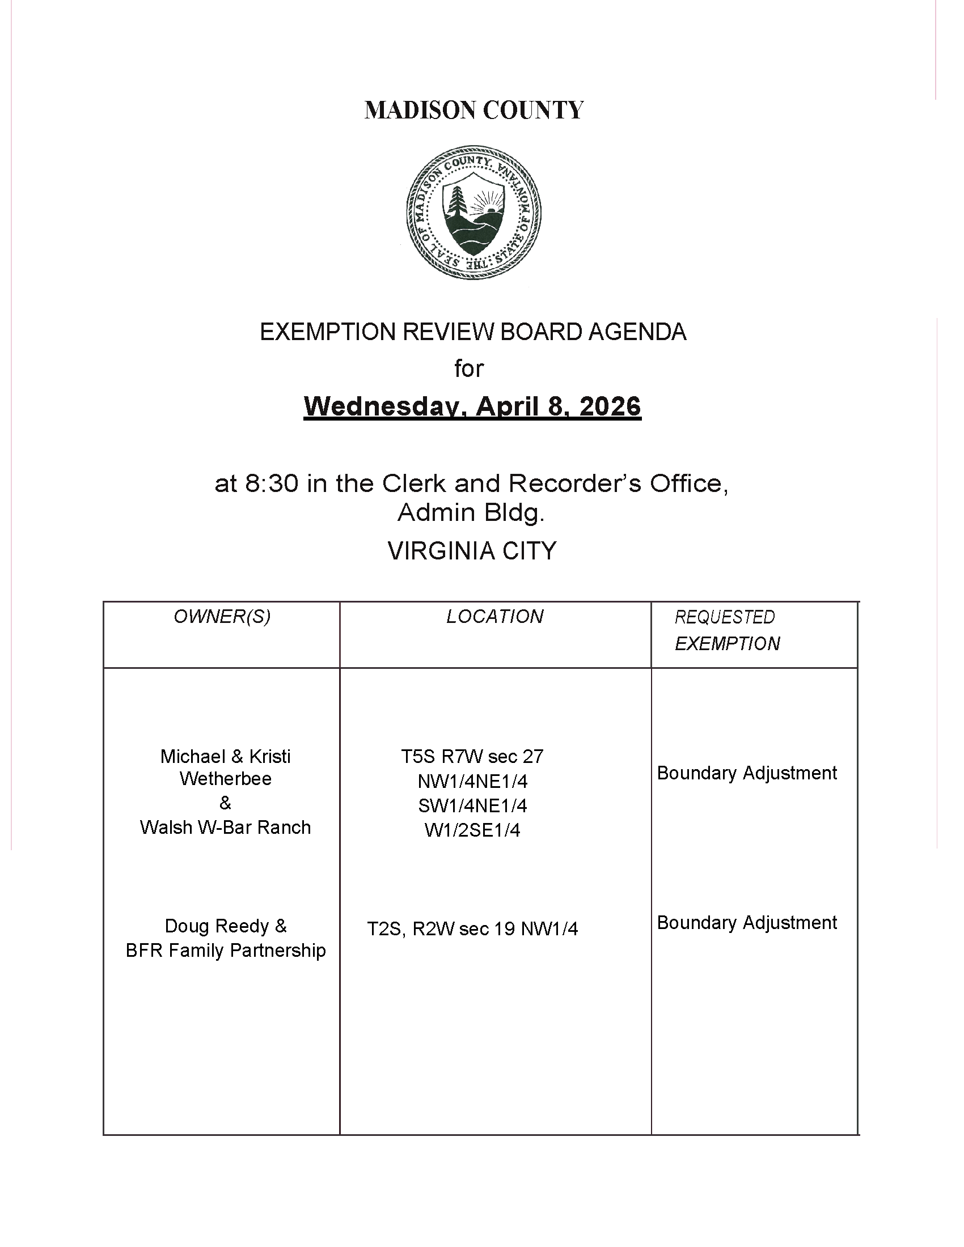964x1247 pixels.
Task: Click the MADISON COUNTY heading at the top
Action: tap(474, 110)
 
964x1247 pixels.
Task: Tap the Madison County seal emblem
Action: tap(473, 212)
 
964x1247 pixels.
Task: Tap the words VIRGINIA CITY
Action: tap(472, 551)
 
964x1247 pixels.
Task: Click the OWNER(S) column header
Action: tap(222, 617)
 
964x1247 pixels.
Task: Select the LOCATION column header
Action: tap(494, 617)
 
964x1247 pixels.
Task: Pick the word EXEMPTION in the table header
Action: tap(727, 644)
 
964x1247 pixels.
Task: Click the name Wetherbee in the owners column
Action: tap(226, 779)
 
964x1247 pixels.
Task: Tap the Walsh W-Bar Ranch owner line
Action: tap(226, 828)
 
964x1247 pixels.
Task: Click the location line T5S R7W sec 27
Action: tap(472, 757)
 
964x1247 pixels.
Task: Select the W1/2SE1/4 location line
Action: tap(472, 830)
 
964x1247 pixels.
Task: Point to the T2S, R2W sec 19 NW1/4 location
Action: tap(472, 929)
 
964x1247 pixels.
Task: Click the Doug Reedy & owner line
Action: tap(226, 926)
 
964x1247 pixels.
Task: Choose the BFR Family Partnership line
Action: tap(226, 951)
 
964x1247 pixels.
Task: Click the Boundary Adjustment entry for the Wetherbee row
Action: tap(747, 773)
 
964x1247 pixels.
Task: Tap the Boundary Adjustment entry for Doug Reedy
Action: tap(747, 923)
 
